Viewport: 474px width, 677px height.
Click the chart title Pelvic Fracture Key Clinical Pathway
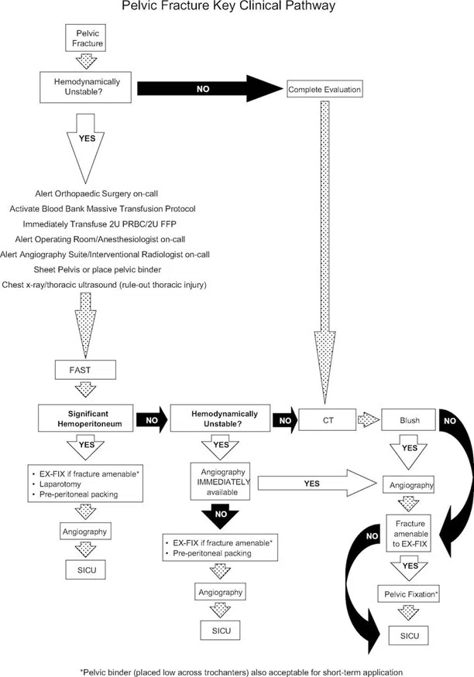point(237,7)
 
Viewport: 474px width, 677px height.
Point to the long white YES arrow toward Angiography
point(314,484)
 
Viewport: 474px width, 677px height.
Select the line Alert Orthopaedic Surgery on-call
point(108,193)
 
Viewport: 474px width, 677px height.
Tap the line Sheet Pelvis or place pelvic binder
point(108,268)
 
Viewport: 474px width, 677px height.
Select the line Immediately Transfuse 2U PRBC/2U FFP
point(108,224)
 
